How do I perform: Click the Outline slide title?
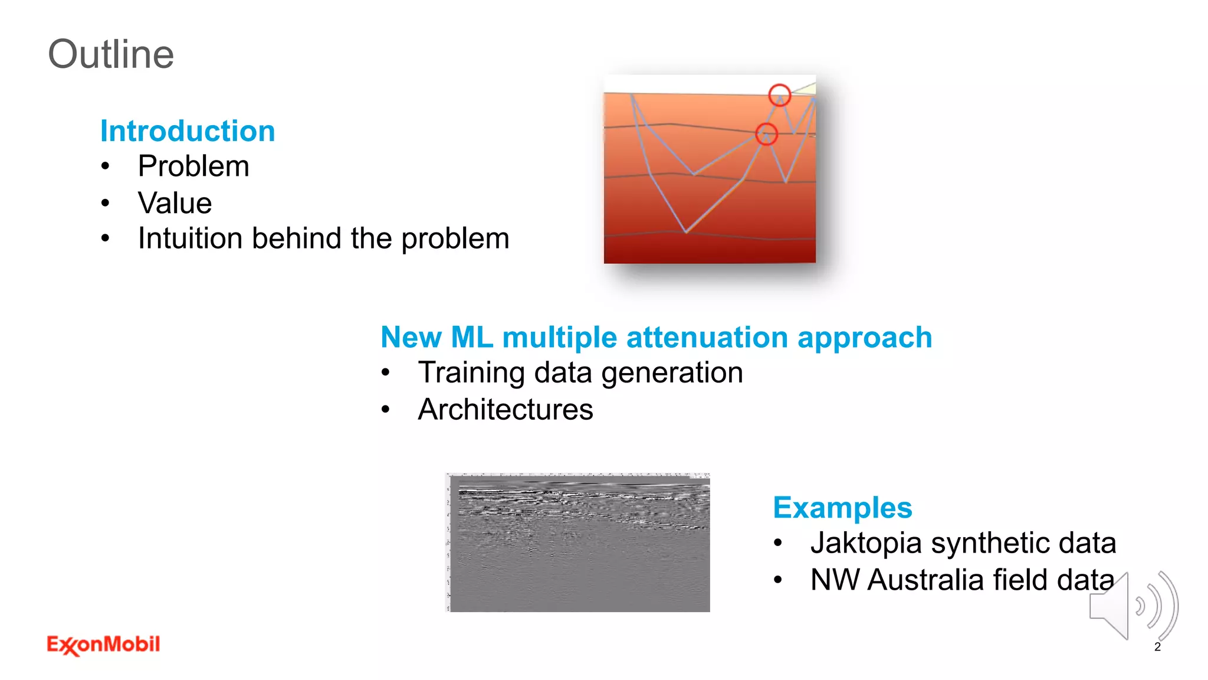pos(111,54)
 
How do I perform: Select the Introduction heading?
pos(188,131)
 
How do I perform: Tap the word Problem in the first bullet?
pos(193,166)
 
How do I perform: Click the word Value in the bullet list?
pos(175,203)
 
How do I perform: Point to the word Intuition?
pos(190,238)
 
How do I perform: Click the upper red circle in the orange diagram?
pos(779,95)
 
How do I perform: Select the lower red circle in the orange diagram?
pos(766,134)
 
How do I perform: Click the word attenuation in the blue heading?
pos(707,338)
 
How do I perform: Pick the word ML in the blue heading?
pos(472,338)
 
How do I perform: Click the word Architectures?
pos(505,410)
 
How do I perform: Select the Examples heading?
pos(842,508)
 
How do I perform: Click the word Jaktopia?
pos(865,543)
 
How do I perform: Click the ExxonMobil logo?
pos(103,645)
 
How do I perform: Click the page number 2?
pos(1157,647)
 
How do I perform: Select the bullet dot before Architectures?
pos(385,410)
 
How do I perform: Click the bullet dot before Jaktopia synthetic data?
pos(778,543)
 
